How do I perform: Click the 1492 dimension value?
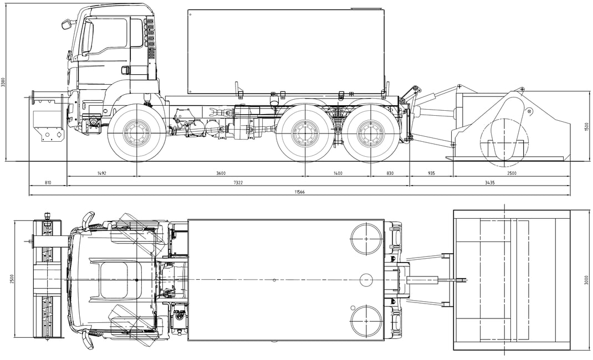[102, 173]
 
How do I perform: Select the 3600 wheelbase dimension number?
[221, 173]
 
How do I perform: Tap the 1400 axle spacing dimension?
[338, 173]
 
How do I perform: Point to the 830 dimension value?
[390, 173]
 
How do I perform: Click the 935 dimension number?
[431, 173]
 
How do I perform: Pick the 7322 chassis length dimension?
[238, 183]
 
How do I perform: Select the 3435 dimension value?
[490, 183]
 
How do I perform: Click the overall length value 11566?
[299, 192]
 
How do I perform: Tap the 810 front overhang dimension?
[48, 183]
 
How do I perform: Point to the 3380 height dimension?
[3, 83]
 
